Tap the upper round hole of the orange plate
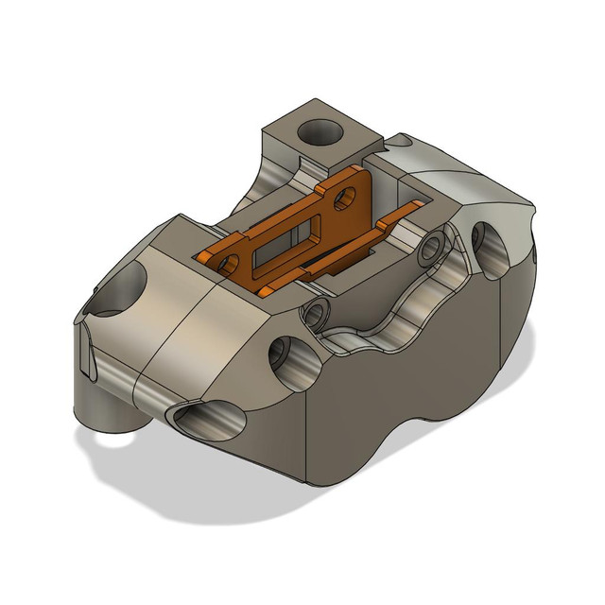click(348, 197)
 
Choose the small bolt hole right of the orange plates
click(434, 248)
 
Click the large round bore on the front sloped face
click(285, 358)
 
